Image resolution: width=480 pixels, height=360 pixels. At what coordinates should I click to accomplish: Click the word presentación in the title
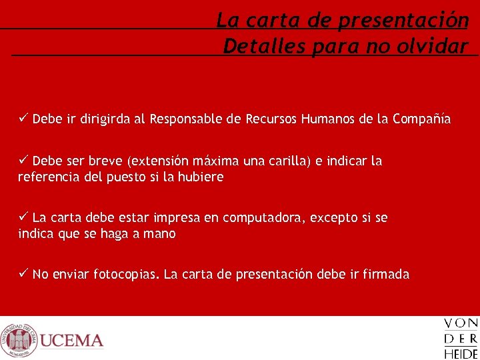tap(403, 21)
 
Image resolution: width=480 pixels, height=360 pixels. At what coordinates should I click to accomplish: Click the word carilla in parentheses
tap(289, 161)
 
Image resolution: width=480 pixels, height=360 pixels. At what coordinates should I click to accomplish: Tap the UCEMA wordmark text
tap(72, 341)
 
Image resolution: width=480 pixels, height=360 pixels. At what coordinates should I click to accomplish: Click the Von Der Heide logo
tap(461, 339)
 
